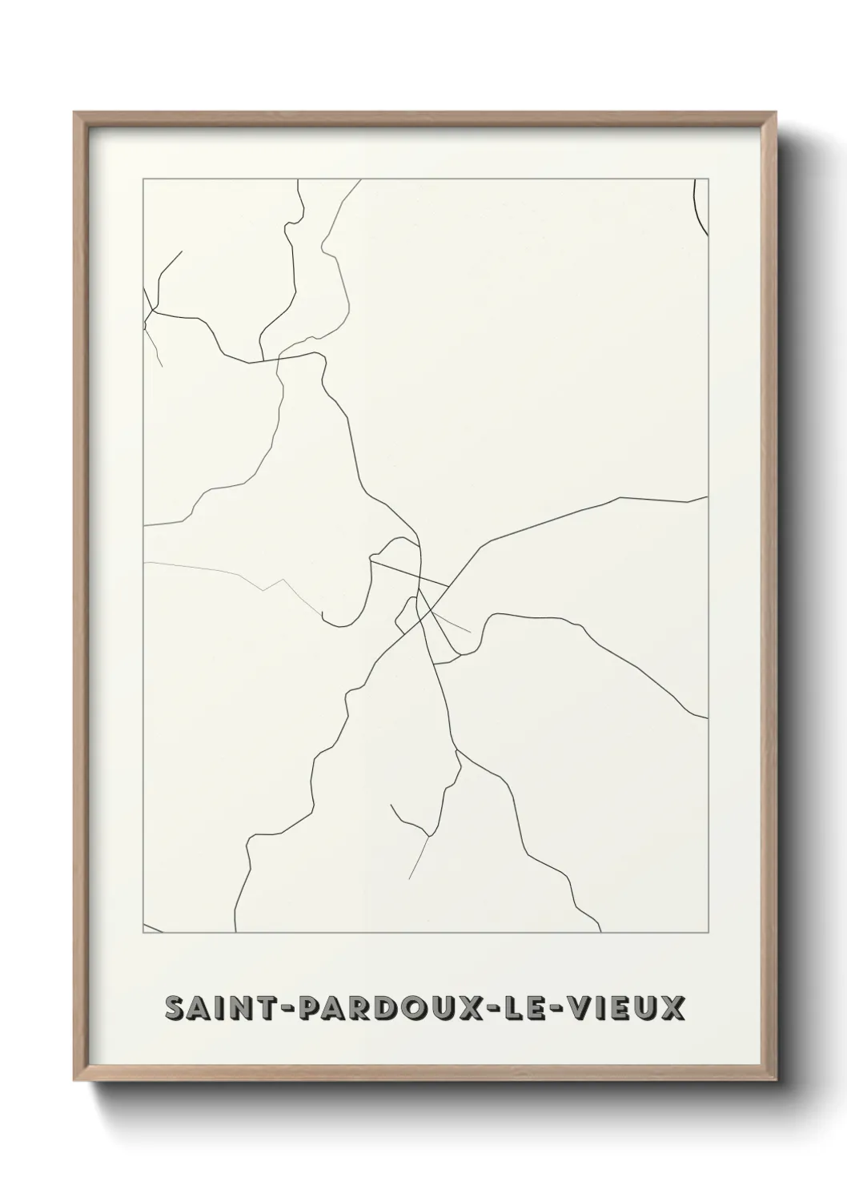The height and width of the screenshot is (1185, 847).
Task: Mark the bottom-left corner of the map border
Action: [x=143, y=933]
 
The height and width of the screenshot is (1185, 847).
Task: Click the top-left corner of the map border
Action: [x=143, y=179]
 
